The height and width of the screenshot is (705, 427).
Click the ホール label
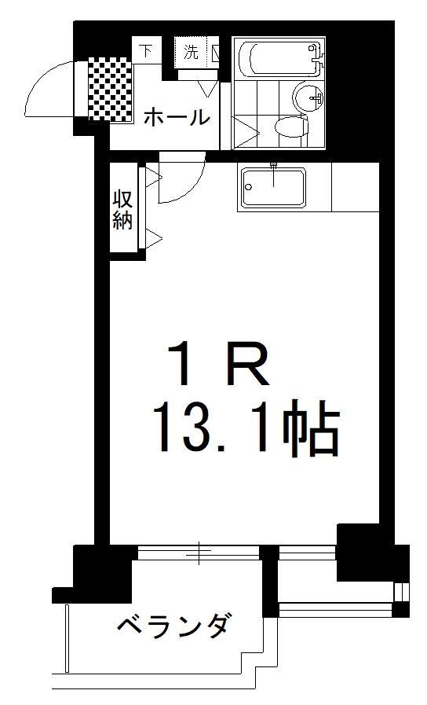tap(177, 118)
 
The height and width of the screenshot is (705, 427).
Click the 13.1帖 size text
tap(248, 429)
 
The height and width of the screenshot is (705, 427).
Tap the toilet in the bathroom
tap(290, 127)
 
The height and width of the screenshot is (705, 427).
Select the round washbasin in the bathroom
tap(308, 98)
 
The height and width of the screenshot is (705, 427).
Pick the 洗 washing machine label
tap(191, 53)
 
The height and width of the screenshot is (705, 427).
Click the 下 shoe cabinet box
tap(147, 52)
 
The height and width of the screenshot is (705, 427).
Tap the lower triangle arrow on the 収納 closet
tap(153, 238)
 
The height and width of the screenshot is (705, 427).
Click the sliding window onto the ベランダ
tap(199, 553)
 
